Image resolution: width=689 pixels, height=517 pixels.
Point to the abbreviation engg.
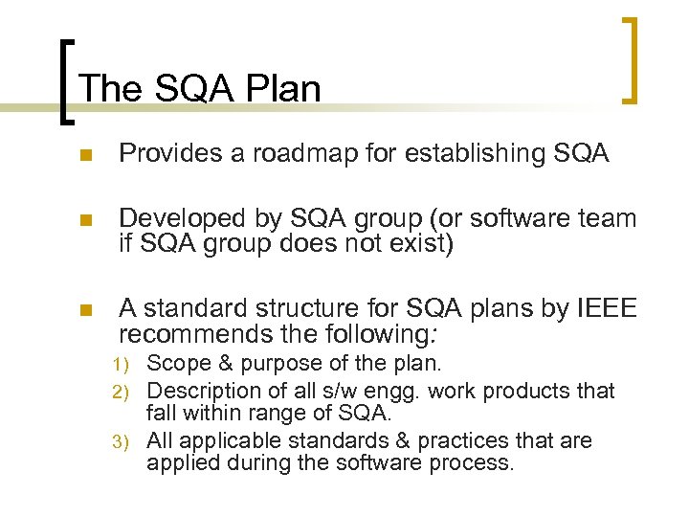point(393,392)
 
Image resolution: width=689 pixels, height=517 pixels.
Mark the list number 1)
point(125,365)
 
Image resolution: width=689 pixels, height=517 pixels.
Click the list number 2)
point(125,392)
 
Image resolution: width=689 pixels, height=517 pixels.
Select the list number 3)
point(125,441)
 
